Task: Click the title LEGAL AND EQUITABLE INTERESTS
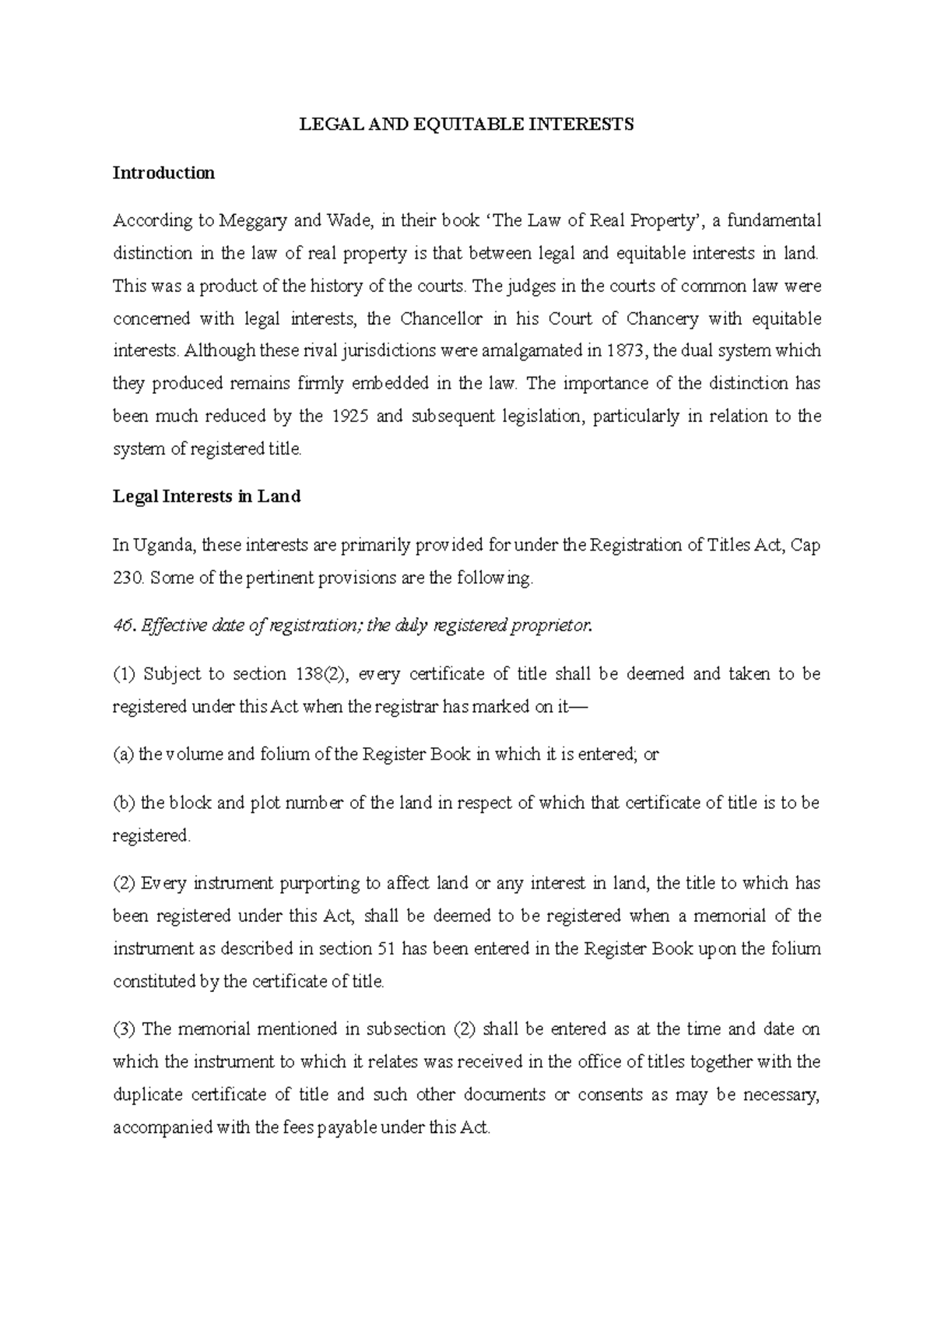(467, 124)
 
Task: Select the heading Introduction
(163, 173)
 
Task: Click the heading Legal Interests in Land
(206, 497)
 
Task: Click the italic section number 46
(122, 627)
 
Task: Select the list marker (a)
(123, 755)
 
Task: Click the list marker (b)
(124, 803)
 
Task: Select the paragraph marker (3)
(124, 1029)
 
